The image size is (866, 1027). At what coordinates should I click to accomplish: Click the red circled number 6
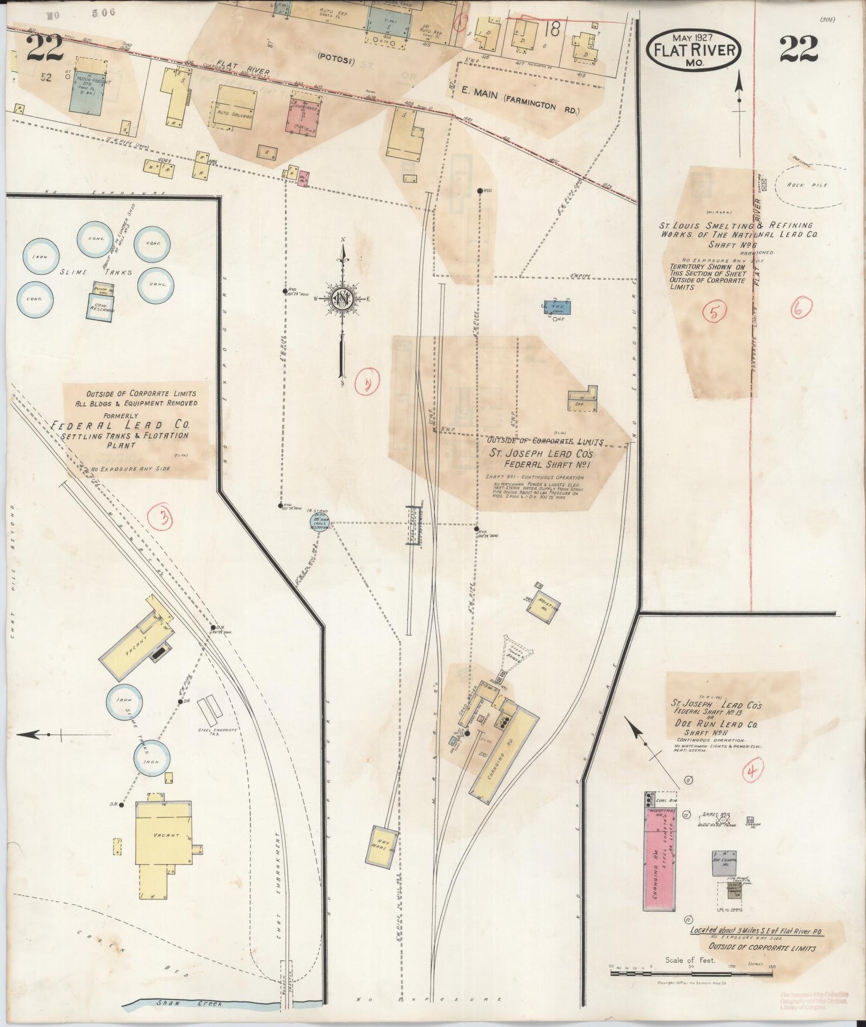click(801, 308)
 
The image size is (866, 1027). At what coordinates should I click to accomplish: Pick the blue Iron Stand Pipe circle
click(318, 521)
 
